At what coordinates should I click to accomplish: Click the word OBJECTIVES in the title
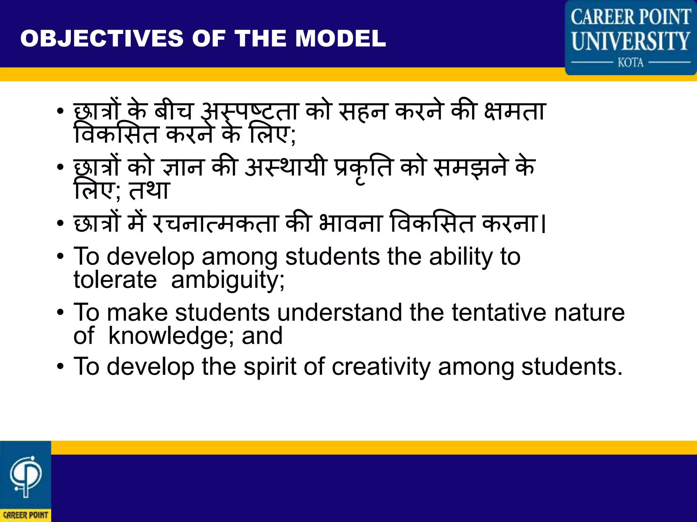click(102, 38)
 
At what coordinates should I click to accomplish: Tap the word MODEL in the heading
click(340, 38)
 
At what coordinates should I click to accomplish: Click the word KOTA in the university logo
click(631, 63)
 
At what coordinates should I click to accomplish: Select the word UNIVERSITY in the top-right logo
click(631, 41)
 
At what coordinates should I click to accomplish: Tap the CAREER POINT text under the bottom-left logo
click(26, 515)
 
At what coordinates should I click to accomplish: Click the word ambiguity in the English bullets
click(227, 281)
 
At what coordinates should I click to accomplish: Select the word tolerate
click(115, 280)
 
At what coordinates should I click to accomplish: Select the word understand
click(339, 313)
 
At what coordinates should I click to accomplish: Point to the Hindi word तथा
click(149, 190)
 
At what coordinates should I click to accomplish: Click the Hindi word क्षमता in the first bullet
click(515, 111)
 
